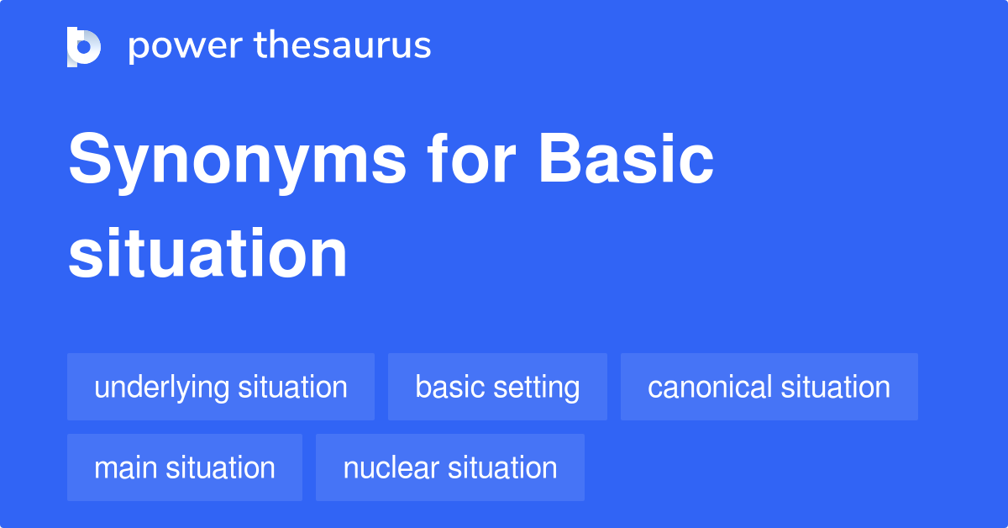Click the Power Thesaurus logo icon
tap(84, 46)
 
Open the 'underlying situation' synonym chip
tap(221, 387)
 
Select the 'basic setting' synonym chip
tap(497, 387)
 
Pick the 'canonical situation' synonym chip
tap(769, 387)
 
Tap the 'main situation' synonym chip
tap(185, 467)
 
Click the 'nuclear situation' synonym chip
tap(450, 467)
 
